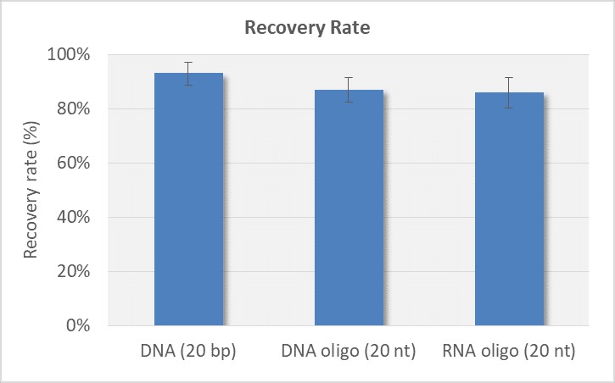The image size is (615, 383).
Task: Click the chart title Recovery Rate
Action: (x=307, y=27)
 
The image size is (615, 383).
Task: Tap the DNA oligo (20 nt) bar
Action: (x=349, y=208)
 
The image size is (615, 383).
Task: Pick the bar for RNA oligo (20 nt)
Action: (x=509, y=208)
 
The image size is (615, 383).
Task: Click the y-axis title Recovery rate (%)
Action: (x=31, y=190)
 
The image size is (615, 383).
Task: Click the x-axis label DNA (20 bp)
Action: (x=188, y=352)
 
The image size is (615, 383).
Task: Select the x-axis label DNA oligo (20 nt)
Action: (x=349, y=352)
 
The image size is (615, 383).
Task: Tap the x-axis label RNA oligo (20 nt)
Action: (x=509, y=352)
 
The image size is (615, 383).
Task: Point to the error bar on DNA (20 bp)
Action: (x=188, y=74)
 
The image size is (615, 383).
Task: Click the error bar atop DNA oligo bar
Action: (x=349, y=89)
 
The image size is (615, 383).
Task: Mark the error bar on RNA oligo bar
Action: (x=509, y=92)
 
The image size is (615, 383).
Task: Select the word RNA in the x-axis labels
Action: (x=459, y=352)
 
